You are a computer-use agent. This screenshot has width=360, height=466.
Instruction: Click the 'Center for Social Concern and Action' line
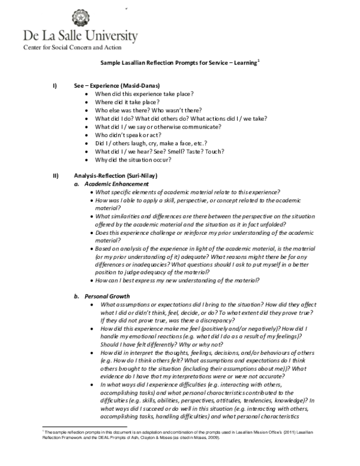(72, 47)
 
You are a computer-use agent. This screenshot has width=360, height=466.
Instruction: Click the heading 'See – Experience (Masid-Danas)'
(116, 86)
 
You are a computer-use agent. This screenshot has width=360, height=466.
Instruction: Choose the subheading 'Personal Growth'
(107, 296)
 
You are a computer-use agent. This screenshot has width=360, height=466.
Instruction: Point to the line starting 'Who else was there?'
(148, 111)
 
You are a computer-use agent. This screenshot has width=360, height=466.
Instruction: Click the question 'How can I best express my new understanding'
(179, 280)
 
